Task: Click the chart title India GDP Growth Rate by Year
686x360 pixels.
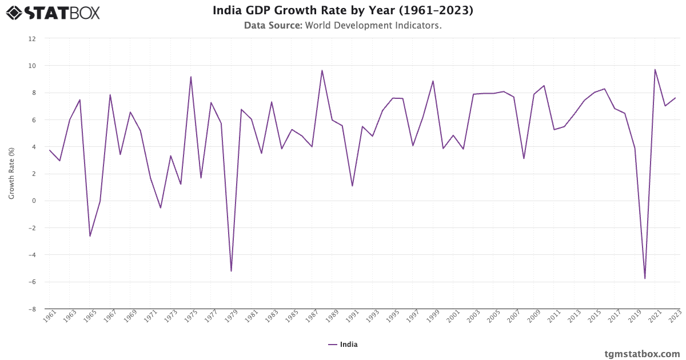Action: [x=342, y=10]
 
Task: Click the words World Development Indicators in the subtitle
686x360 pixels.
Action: [x=373, y=26]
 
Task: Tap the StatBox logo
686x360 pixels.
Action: [x=53, y=12]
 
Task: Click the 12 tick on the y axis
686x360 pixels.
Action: [x=32, y=39]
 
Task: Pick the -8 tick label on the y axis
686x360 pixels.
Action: [x=32, y=309]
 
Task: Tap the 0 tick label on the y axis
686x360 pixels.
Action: [x=34, y=201]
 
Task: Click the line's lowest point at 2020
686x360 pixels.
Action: [x=645, y=278]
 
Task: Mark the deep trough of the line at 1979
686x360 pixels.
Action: [x=232, y=271]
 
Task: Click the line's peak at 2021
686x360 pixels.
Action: [x=655, y=70]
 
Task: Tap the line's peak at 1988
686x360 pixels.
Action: [x=322, y=70]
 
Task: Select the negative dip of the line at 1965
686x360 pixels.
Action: [x=90, y=236]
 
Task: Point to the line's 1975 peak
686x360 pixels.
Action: [x=191, y=77]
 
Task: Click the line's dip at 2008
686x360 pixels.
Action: [x=524, y=158]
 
